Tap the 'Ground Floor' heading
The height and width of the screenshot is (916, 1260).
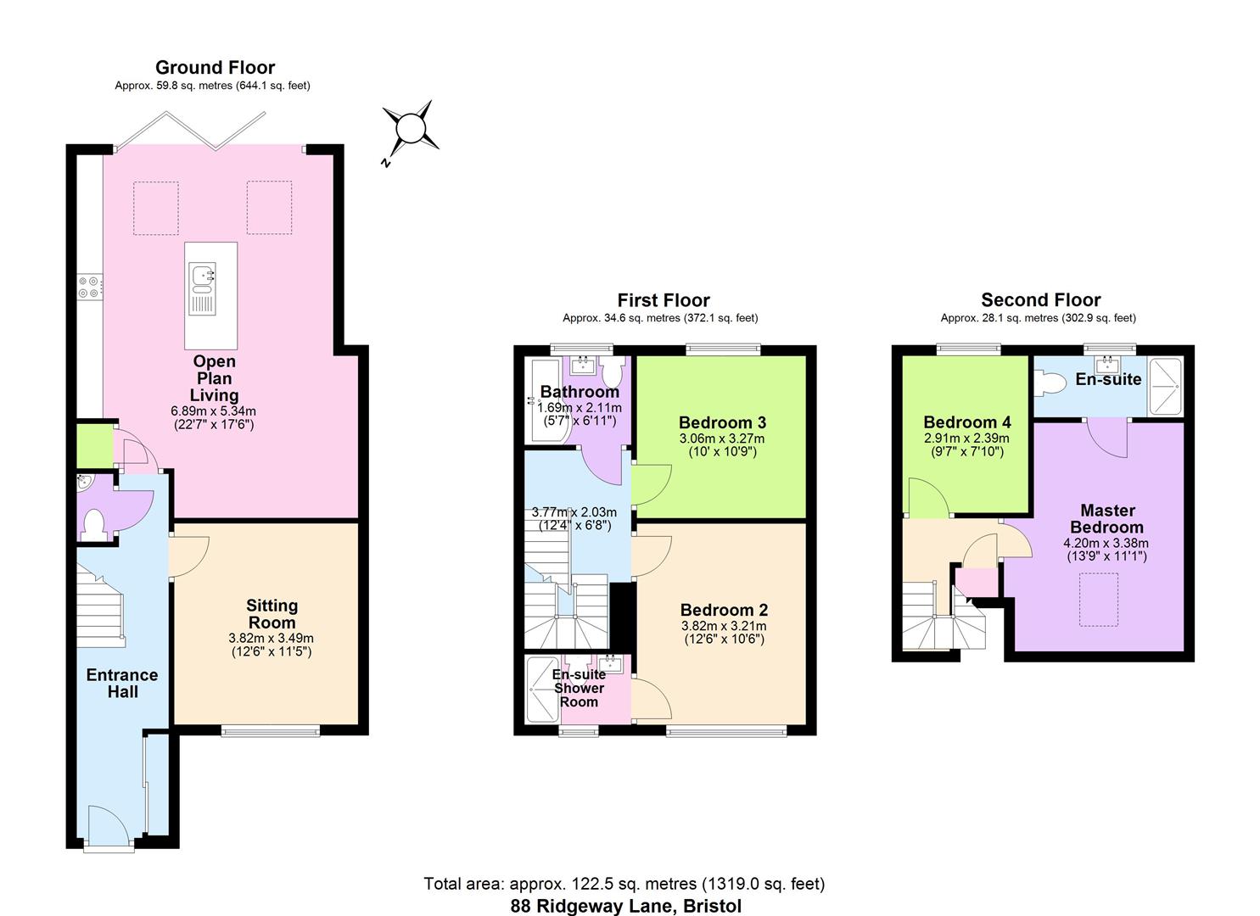click(215, 68)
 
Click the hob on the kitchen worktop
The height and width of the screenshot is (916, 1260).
click(89, 287)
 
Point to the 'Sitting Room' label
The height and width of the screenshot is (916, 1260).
click(272, 613)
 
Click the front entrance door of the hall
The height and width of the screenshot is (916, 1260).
click(109, 826)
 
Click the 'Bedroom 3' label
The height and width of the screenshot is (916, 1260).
click(722, 422)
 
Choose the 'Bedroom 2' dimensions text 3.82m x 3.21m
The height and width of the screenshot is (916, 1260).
click(723, 627)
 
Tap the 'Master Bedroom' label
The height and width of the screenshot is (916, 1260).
click(1107, 518)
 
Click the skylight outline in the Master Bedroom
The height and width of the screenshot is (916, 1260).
click(1098, 600)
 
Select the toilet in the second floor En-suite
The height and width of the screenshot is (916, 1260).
click(1052, 384)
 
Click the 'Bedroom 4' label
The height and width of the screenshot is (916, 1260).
click(966, 422)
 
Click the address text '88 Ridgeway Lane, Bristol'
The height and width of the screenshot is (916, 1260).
click(625, 906)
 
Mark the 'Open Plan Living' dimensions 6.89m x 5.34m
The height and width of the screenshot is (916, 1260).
click(214, 411)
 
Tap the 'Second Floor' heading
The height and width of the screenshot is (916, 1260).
click(1040, 300)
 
